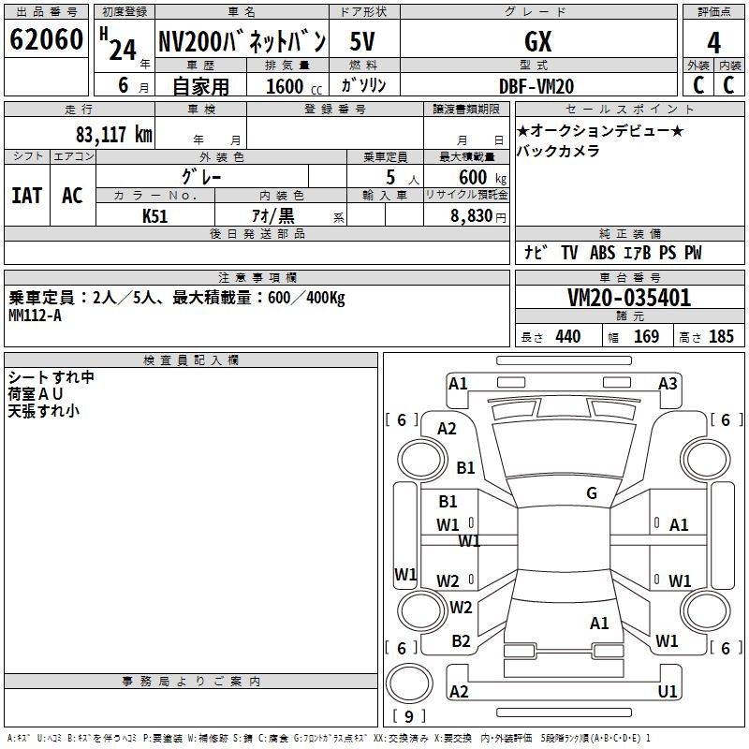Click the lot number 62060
pyautogui.click(x=46, y=39)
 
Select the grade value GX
pyautogui.click(x=537, y=41)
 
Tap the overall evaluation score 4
pyautogui.click(x=713, y=43)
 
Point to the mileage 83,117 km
pyautogui.click(x=113, y=134)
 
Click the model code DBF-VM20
pyautogui.click(x=536, y=86)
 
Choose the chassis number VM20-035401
pyautogui.click(x=629, y=298)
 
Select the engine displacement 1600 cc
pyautogui.click(x=294, y=86)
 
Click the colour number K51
pyautogui.click(x=154, y=216)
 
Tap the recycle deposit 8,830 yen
pyautogui.click(x=477, y=216)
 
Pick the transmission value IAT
pyautogui.click(x=27, y=196)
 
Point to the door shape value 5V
pyautogui.click(x=362, y=41)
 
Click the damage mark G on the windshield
pyautogui.click(x=592, y=492)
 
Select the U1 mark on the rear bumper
pyautogui.click(x=668, y=691)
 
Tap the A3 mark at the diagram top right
pyautogui.click(x=668, y=383)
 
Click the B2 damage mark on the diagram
pyautogui.click(x=461, y=640)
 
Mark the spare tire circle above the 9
pyautogui.click(x=409, y=683)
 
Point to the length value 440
pyautogui.click(x=568, y=336)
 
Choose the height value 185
pyautogui.click(x=721, y=336)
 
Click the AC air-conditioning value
pyautogui.click(x=72, y=196)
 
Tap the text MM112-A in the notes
pyautogui.click(x=35, y=316)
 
